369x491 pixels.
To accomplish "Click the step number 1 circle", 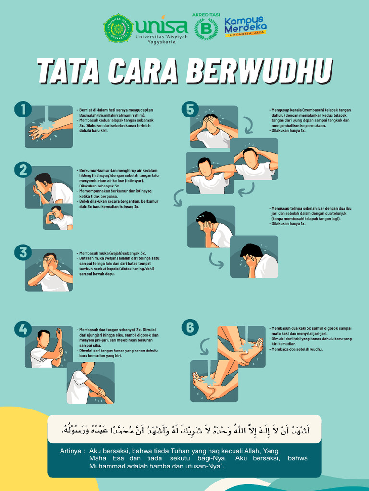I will point(23,109).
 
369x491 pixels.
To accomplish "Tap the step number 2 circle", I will point(23,170).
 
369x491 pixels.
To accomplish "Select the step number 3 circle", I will point(23,252).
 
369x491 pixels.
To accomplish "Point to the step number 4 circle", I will point(23,329).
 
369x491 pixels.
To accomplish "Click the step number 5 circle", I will point(190,109).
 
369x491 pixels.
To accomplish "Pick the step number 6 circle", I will point(190,327).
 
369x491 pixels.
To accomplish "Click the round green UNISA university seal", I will point(118,28).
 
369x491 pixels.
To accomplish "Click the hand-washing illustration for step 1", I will point(49,127).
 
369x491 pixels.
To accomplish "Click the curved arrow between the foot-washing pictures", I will point(205,345).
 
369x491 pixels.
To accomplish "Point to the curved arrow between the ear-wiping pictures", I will point(216,259).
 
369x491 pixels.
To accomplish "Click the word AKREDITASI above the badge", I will point(206,15).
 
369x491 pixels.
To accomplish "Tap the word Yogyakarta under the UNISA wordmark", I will point(161,42).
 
